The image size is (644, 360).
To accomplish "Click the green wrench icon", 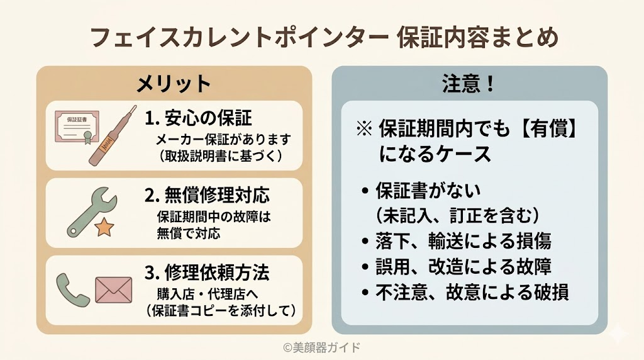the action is pos(88,208).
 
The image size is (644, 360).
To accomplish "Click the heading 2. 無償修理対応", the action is pos(208,196).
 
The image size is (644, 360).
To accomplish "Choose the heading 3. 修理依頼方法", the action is pos(207,273).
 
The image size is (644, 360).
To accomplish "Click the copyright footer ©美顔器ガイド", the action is pos(321,347).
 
